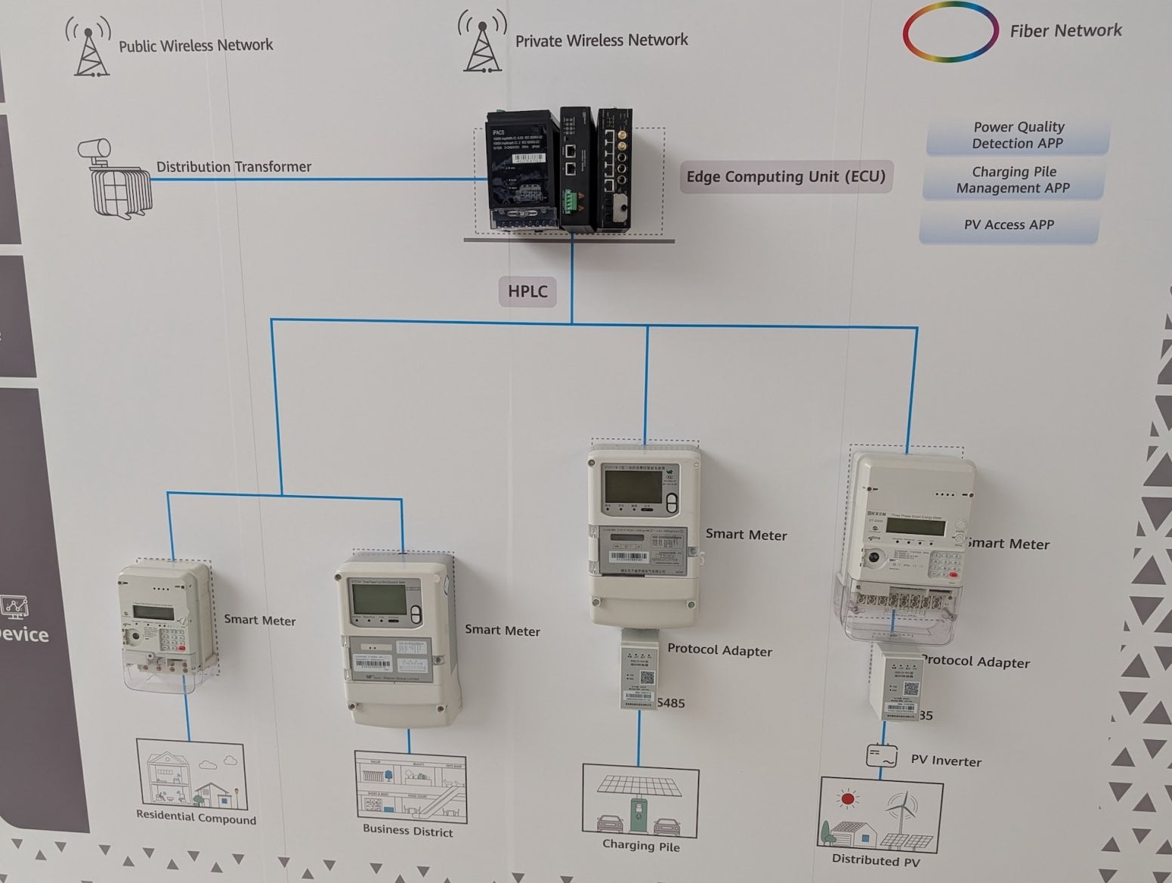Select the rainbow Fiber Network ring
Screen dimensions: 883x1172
point(950,32)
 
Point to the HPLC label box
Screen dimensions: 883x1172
point(527,291)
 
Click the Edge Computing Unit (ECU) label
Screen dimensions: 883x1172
point(785,177)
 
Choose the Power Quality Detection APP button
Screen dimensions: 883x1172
point(1017,135)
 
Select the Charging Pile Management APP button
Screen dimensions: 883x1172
point(1013,180)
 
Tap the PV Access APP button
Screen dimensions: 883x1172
point(1009,225)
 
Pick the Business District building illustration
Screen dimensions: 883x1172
point(410,786)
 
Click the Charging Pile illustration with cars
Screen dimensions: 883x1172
point(640,801)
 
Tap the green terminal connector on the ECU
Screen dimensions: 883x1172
point(567,201)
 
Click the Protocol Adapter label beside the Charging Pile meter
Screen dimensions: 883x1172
point(719,651)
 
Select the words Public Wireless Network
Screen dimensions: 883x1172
point(196,45)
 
